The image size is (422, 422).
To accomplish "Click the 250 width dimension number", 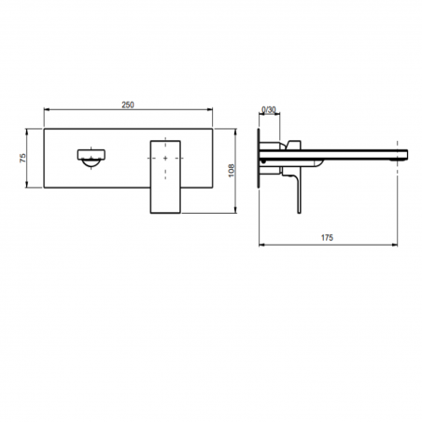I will coord(132,106).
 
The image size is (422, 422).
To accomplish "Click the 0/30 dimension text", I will coord(269,110).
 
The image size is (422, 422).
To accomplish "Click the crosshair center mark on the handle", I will coord(166,160).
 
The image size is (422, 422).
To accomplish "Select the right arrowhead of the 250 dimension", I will coord(218,114).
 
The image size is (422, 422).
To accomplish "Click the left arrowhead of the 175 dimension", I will coord(260,246).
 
